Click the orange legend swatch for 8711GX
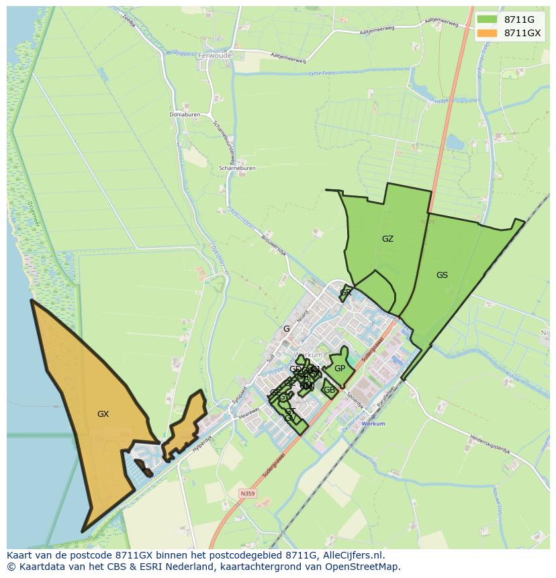click(488, 33)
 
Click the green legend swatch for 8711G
click(488, 19)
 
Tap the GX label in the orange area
click(103, 414)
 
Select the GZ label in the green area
click(387, 239)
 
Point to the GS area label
click(442, 275)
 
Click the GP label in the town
click(340, 369)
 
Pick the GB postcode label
click(329, 390)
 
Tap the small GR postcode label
click(346, 293)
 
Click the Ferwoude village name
click(215, 56)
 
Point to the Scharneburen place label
click(236, 168)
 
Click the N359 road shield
click(247, 493)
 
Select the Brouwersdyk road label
click(273, 246)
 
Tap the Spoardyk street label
click(355, 401)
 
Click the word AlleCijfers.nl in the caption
click(352, 555)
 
